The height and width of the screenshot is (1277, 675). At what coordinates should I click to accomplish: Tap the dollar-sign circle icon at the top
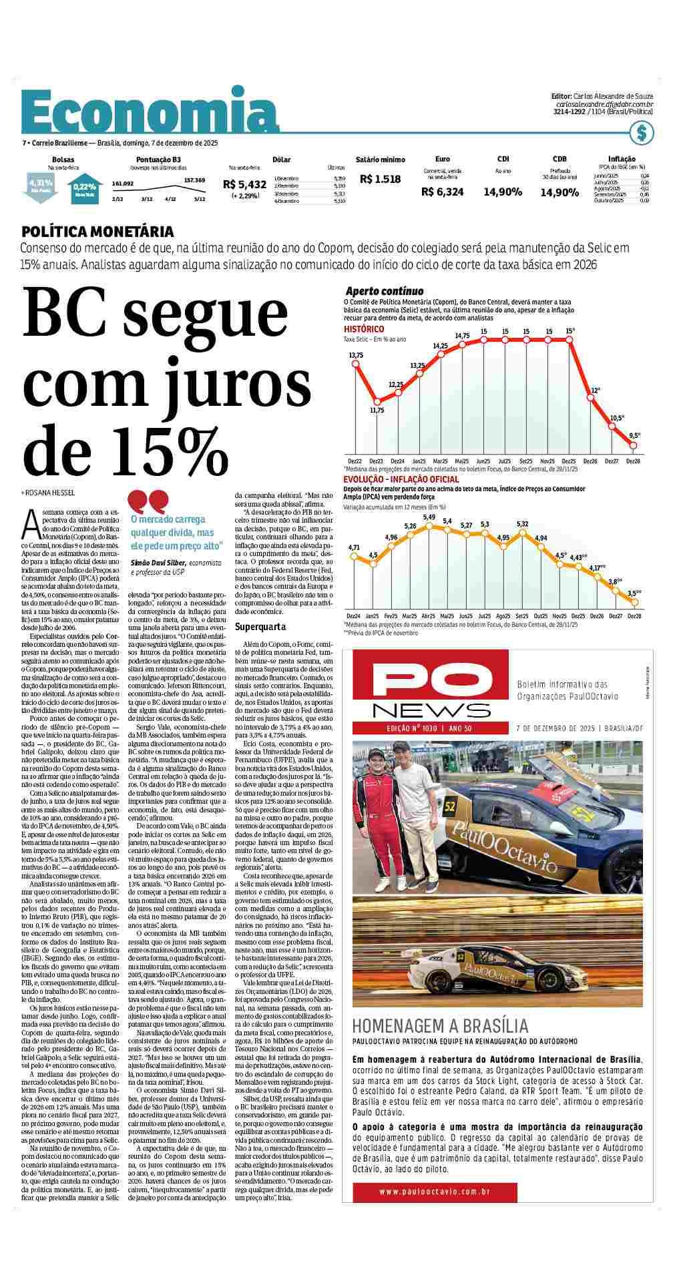click(x=642, y=134)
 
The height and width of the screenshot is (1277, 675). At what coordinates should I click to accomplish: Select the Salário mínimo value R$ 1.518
click(x=380, y=179)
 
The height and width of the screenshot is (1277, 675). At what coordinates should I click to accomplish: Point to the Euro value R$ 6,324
click(x=442, y=192)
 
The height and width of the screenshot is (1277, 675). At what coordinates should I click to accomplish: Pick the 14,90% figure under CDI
click(x=502, y=192)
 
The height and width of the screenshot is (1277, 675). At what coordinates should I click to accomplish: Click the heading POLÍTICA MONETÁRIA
click(x=97, y=232)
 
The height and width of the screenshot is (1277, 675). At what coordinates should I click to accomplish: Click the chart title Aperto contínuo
click(x=384, y=291)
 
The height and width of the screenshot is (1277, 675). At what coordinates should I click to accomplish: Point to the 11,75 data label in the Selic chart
click(x=377, y=410)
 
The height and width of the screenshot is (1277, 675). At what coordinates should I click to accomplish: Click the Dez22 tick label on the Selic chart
click(x=355, y=461)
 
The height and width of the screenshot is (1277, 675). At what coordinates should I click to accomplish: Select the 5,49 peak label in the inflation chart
click(x=429, y=517)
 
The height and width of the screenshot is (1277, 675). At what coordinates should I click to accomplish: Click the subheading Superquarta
click(x=260, y=627)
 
